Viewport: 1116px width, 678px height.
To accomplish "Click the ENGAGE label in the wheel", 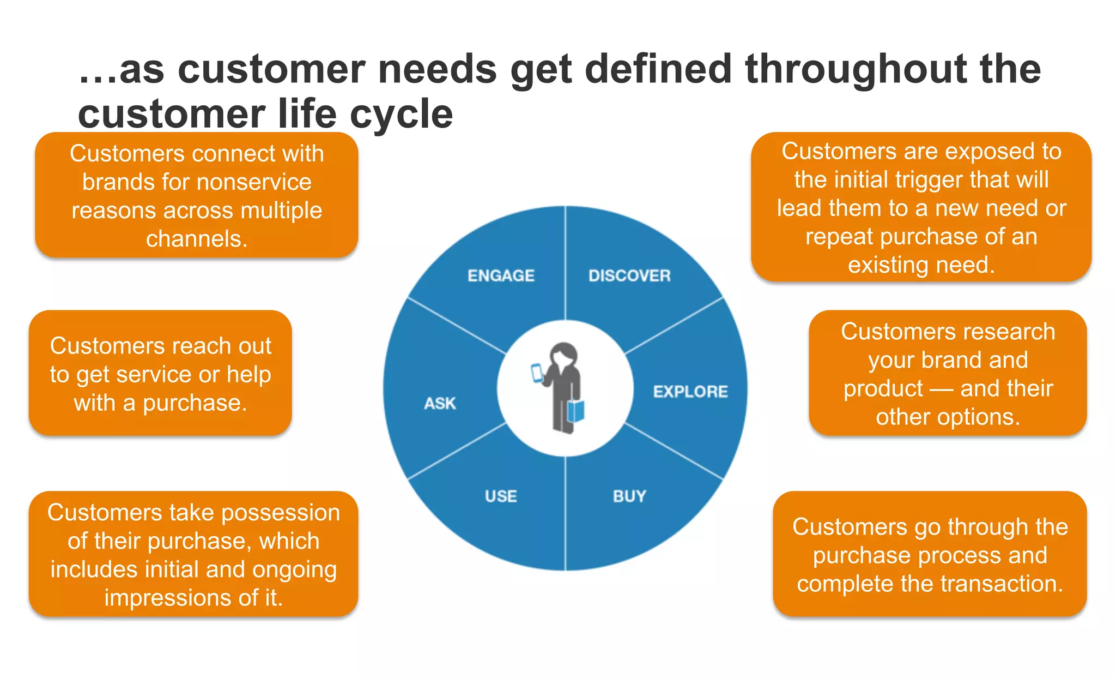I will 501,275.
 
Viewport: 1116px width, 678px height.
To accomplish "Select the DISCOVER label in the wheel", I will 629,275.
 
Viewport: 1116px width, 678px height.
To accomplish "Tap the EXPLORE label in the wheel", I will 690,391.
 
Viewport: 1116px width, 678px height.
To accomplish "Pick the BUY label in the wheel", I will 629,496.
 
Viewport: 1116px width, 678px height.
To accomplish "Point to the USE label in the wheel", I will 501,496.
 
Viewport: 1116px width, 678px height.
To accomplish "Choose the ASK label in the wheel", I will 440,403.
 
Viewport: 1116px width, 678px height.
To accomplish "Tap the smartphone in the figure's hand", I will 537,373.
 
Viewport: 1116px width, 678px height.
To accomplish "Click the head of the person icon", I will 563,355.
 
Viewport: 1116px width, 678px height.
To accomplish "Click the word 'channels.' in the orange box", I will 197,239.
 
